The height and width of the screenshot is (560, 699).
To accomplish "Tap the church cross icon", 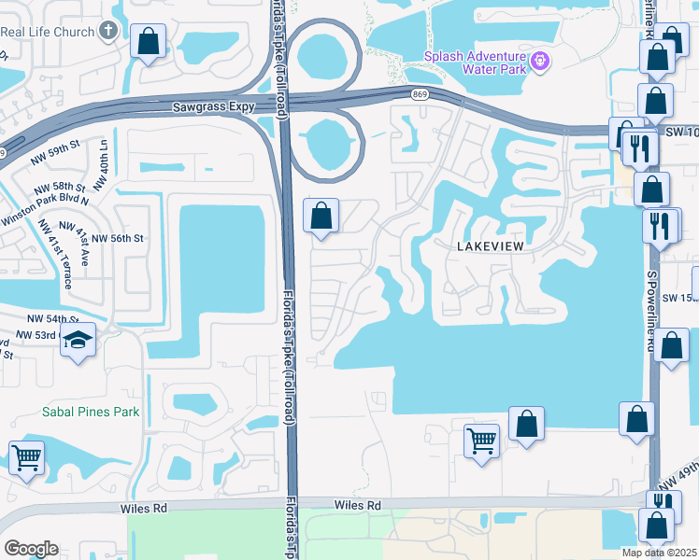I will pyautogui.click(x=109, y=33).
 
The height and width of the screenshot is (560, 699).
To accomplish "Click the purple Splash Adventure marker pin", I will pyautogui.click(x=539, y=62).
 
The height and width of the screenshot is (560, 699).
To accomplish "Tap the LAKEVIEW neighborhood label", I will pyautogui.click(x=493, y=245).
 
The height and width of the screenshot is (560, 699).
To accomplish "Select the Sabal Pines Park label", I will pyautogui.click(x=90, y=412).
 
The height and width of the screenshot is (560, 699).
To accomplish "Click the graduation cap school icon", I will pyautogui.click(x=79, y=341).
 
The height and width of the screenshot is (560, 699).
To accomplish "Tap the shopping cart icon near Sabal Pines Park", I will pyautogui.click(x=26, y=458).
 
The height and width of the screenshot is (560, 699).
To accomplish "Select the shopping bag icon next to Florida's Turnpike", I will pyautogui.click(x=321, y=216).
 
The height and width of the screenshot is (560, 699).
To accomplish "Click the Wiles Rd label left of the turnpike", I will pyautogui.click(x=143, y=509).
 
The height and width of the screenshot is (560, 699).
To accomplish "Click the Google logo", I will pyautogui.click(x=31, y=549).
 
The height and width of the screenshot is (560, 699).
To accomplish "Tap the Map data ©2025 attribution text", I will pyautogui.click(x=659, y=553).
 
